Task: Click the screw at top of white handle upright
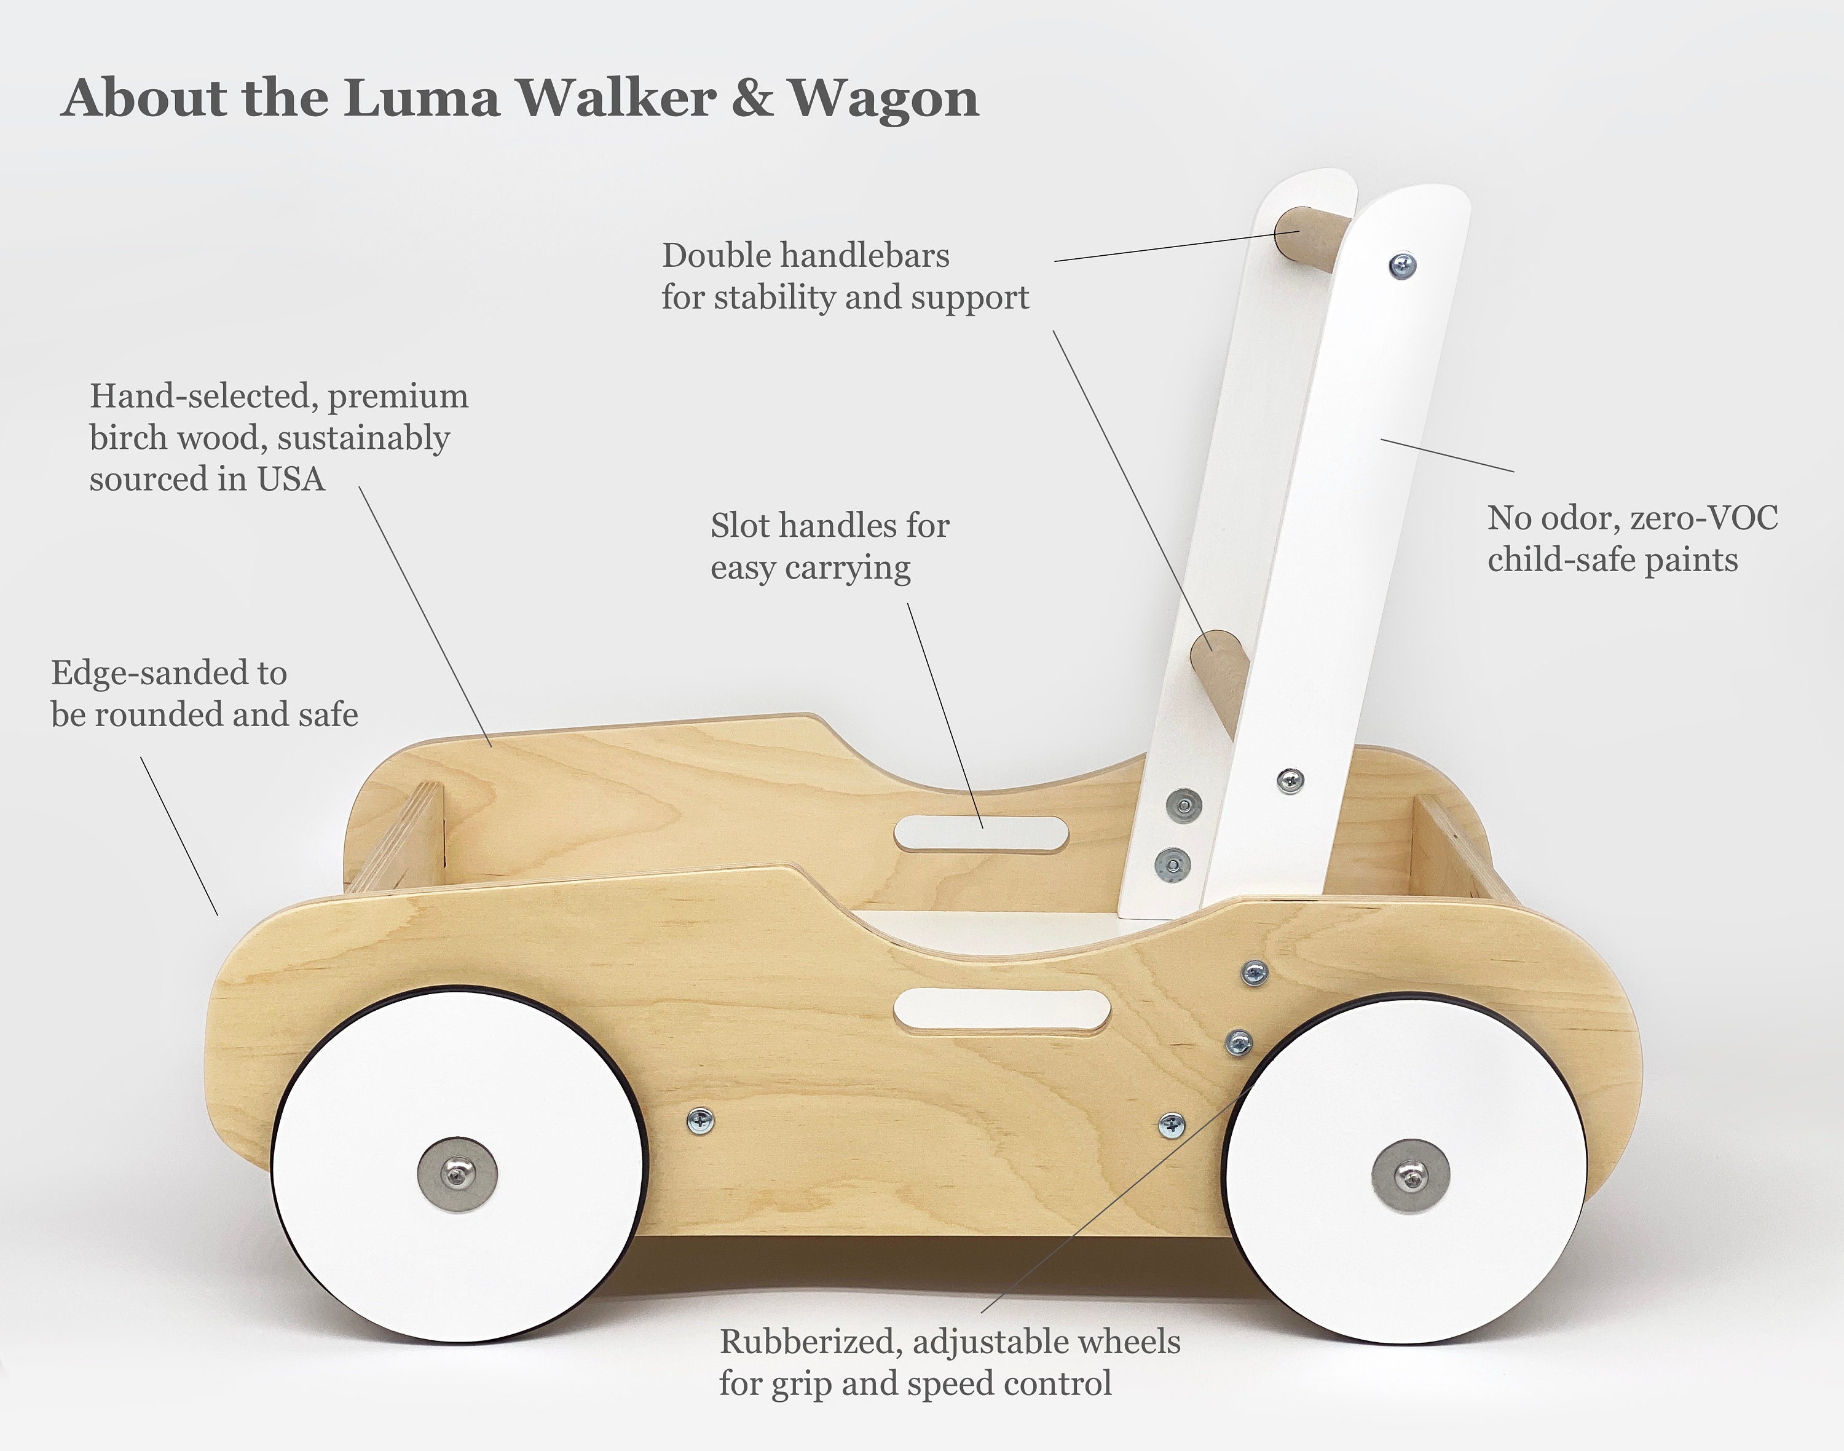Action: [1402, 265]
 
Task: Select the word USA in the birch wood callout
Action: [291, 479]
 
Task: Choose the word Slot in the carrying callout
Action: [741, 526]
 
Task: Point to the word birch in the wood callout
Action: [129, 438]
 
